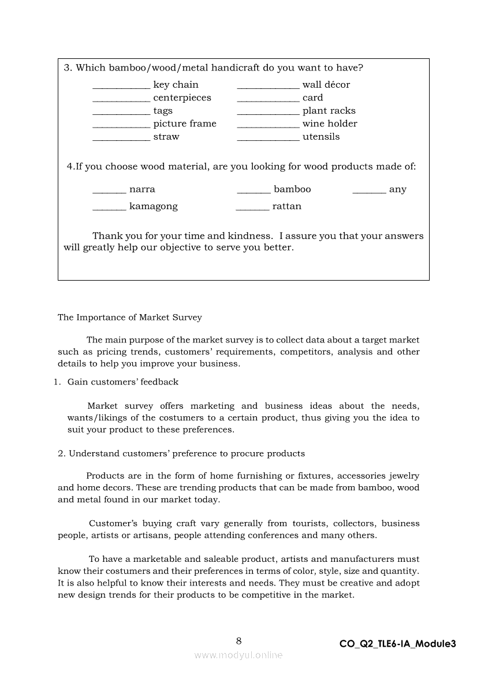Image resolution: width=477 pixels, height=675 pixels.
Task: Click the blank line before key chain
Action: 121,87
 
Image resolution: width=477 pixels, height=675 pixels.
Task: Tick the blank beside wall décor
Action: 268,87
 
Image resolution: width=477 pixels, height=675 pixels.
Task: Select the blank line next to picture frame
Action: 121,126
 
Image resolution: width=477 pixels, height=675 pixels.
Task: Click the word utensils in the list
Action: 321,137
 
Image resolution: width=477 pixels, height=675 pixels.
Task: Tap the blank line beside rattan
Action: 252,208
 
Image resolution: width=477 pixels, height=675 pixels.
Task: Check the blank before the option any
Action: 369,192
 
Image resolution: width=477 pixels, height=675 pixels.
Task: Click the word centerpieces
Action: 182,98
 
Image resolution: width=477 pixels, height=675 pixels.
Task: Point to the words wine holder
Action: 330,124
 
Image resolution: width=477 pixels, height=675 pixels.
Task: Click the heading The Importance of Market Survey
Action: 130,317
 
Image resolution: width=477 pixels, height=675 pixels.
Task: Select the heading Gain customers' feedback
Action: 123,382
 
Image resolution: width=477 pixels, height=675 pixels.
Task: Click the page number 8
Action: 238,640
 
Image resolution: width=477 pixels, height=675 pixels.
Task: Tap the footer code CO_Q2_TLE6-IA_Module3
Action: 398,644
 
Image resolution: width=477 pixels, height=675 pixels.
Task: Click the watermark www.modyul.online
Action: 238,655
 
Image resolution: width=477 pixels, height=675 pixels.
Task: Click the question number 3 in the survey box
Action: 67,68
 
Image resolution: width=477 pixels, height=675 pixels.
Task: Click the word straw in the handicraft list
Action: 166,137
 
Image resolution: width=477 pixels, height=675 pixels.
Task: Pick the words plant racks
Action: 329,111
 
